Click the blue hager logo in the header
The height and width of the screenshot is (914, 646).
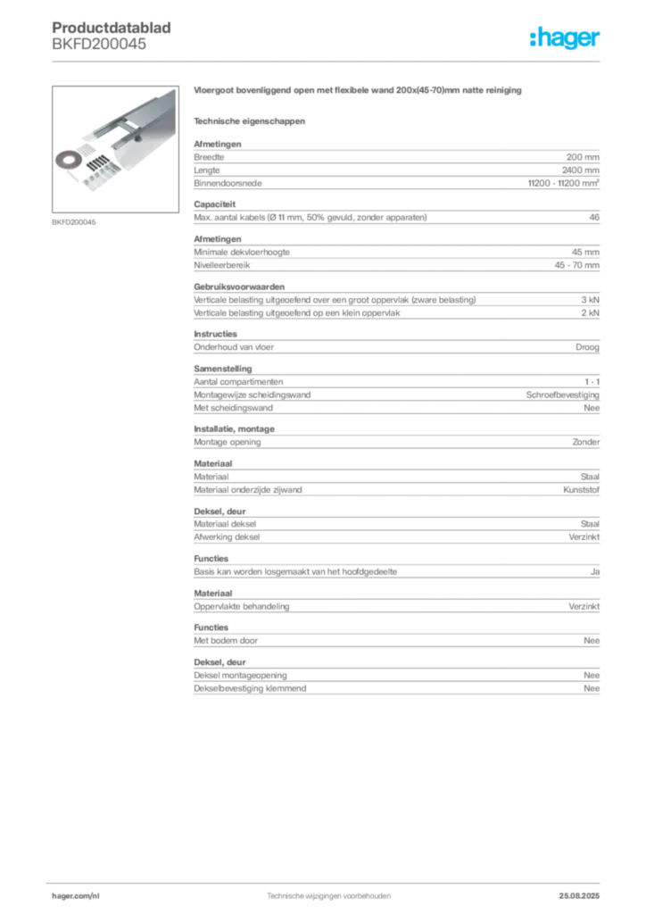point(567,38)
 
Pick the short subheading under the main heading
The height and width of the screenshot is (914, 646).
point(251,119)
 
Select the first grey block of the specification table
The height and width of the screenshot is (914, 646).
point(396,166)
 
